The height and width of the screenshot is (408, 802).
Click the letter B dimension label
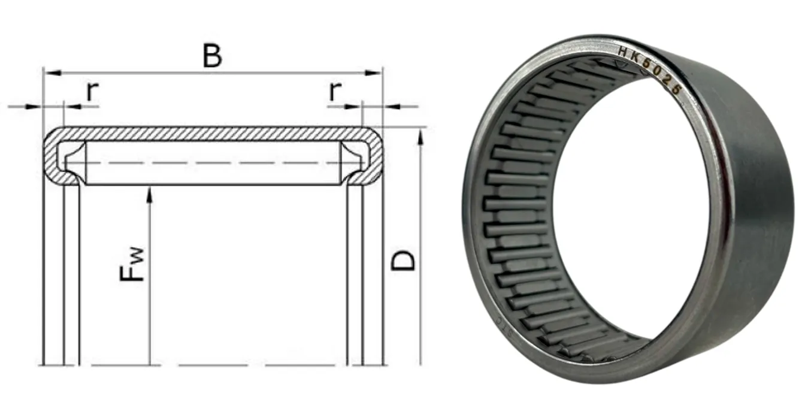[x=212, y=56]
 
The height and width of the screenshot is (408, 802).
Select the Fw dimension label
[x=132, y=264]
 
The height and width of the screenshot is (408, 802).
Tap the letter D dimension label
[x=402, y=261]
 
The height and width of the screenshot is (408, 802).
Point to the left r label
[x=92, y=91]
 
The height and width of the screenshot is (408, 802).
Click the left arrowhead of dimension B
[x=52, y=73]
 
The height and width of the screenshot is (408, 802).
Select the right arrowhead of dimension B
[x=373, y=73]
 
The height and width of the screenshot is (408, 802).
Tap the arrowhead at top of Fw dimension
[x=150, y=195]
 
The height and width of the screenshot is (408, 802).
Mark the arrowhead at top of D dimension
[x=420, y=137]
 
